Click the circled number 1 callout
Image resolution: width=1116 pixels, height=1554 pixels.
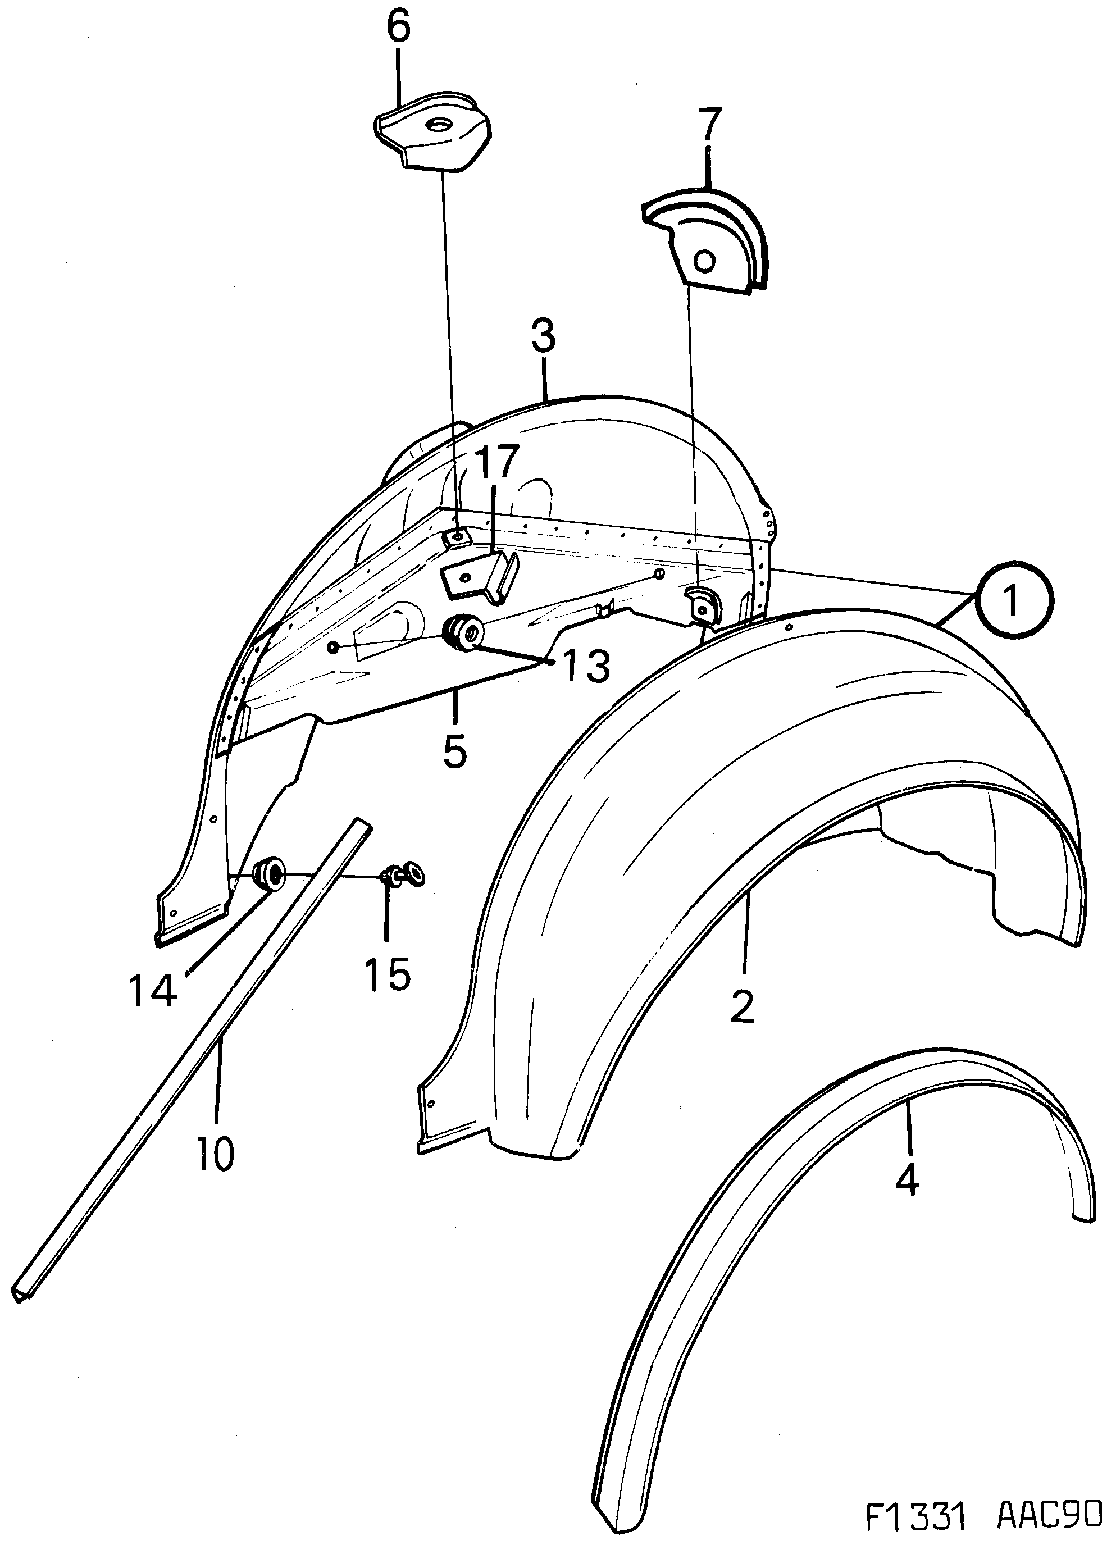click(1012, 601)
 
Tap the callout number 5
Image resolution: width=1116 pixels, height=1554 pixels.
click(455, 750)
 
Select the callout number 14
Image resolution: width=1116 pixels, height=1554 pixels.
click(152, 991)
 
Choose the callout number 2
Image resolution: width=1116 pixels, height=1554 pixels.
click(743, 1005)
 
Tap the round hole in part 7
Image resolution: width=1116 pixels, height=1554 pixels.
click(704, 261)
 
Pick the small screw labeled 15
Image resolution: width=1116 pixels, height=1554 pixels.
click(402, 875)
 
